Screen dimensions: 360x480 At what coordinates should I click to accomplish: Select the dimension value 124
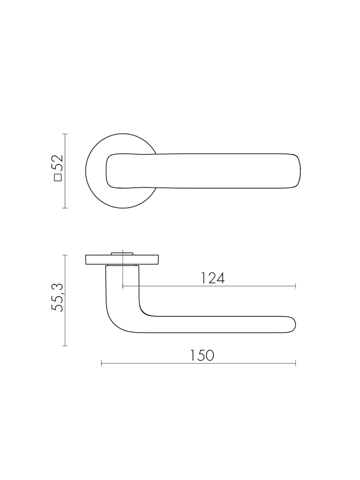[x=213, y=278]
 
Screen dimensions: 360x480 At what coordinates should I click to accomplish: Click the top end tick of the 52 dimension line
[x=65, y=134]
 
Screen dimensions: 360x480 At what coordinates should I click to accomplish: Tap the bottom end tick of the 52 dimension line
[x=65, y=208]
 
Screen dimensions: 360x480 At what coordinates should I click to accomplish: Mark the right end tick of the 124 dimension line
[x=296, y=286]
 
